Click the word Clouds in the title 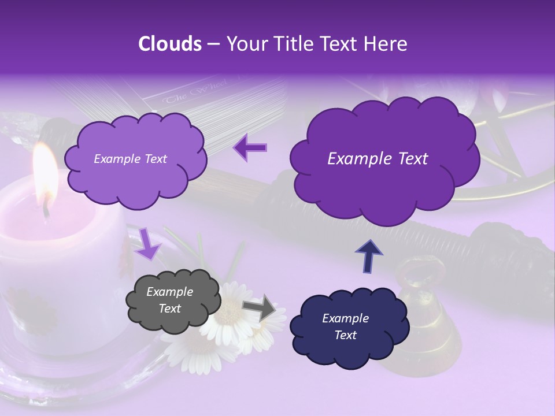pyautogui.click(x=170, y=44)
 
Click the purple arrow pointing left pyautogui.click(x=250, y=148)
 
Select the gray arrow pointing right pyautogui.click(x=260, y=307)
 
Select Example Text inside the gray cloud pyautogui.click(x=170, y=300)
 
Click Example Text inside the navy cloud pyautogui.click(x=345, y=326)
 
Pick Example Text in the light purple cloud pyautogui.click(x=130, y=159)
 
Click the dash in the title pyautogui.click(x=213, y=44)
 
